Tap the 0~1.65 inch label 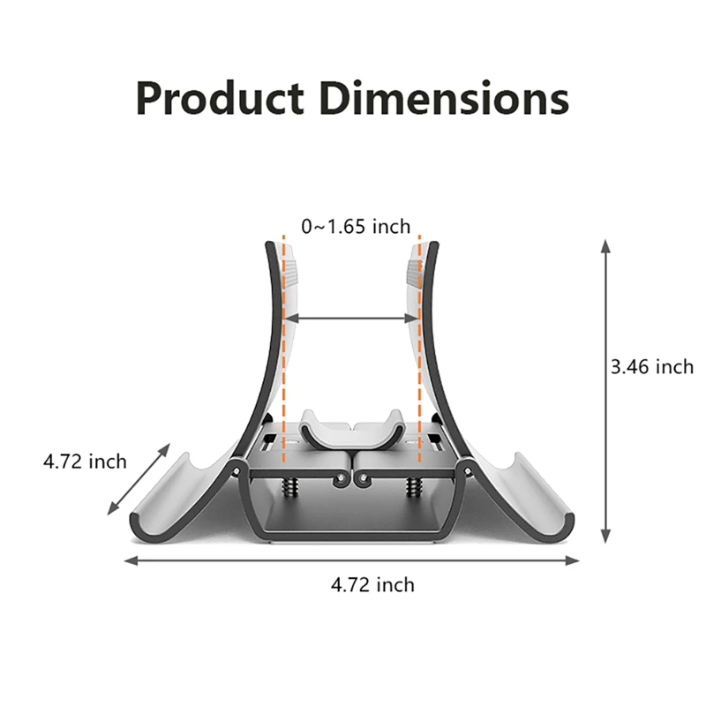[x=356, y=227]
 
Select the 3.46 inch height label [x=652, y=366]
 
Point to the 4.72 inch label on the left [x=85, y=461]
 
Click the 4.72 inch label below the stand [x=372, y=584]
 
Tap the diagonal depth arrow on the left [x=139, y=479]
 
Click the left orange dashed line [x=283, y=353]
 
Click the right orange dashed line [x=420, y=353]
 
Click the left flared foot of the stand [x=176, y=499]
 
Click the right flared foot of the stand [x=529, y=499]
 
